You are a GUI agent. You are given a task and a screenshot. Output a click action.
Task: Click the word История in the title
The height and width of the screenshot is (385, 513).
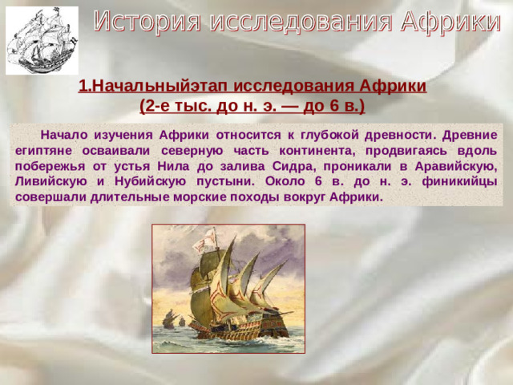(x=147, y=23)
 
